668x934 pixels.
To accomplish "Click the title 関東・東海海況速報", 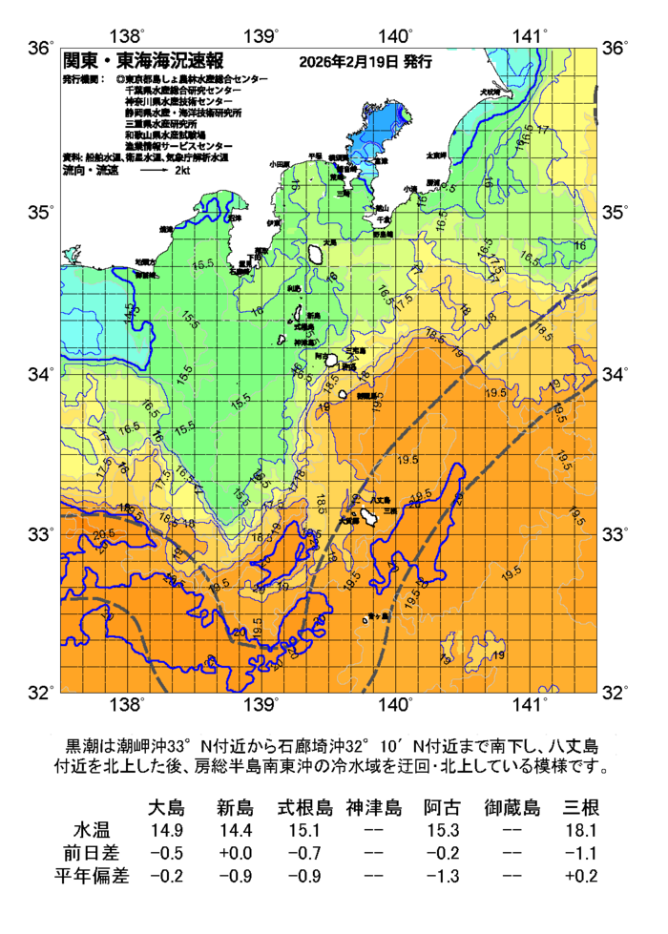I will [x=142, y=62].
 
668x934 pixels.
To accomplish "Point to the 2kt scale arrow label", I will [x=182, y=170].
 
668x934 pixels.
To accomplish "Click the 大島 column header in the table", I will [x=168, y=808].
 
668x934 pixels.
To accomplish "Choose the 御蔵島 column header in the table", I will [x=511, y=808].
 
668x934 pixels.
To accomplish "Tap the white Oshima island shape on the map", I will [x=315, y=255].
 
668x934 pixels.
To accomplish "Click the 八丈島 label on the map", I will [x=379, y=500].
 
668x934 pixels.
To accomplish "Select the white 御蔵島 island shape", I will [x=341, y=392].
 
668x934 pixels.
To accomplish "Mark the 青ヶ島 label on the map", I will [x=378, y=617].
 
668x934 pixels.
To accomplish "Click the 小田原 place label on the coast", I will [x=279, y=164].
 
